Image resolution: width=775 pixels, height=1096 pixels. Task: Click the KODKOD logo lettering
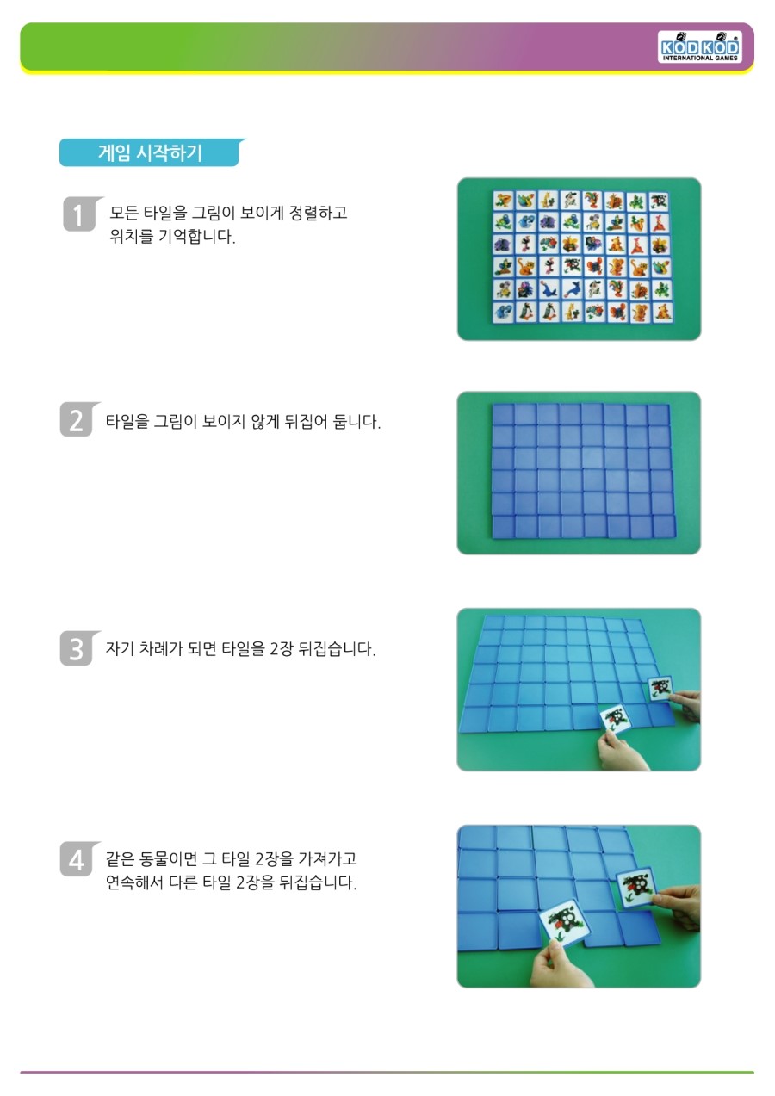coord(699,47)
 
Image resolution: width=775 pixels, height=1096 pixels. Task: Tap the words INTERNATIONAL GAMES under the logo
coord(700,59)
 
